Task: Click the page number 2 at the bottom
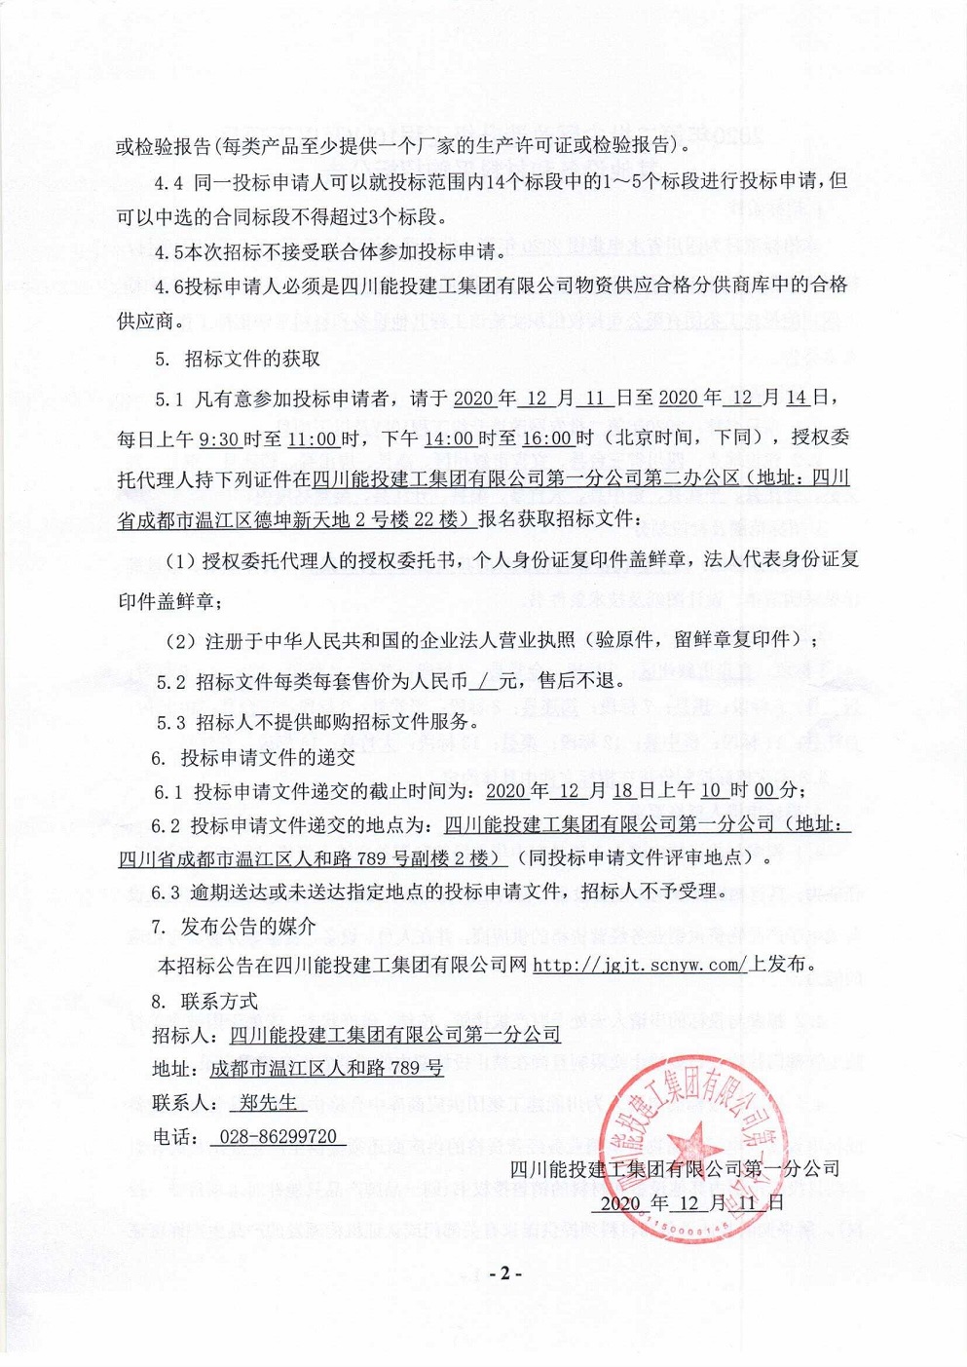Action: [x=505, y=1272]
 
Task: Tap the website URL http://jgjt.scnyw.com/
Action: [x=640, y=965]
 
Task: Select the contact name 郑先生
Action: [x=268, y=1102]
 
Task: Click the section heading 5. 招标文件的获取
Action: [x=238, y=359]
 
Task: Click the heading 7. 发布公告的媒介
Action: [x=234, y=927]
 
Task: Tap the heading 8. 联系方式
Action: [x=205, y=1001]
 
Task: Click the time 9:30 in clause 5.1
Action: [x=219, y=438]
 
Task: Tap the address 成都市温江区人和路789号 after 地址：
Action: [x=326, y=1068]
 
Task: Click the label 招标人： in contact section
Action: [x=185, y=1034]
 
